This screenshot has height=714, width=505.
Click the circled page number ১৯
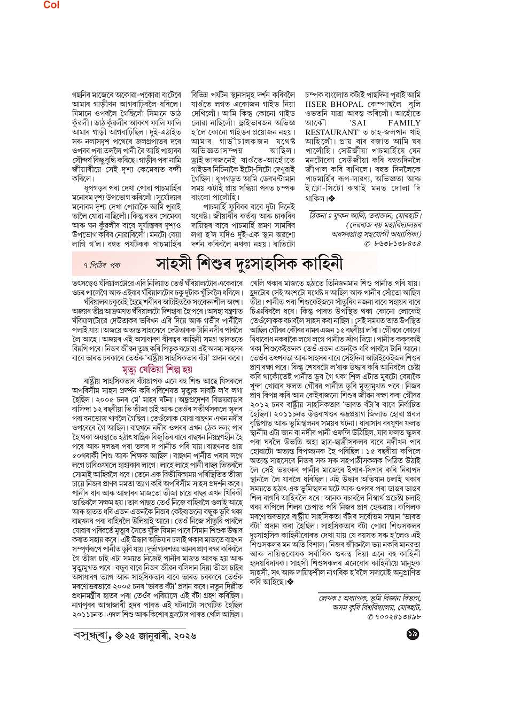[x=412, y=635]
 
